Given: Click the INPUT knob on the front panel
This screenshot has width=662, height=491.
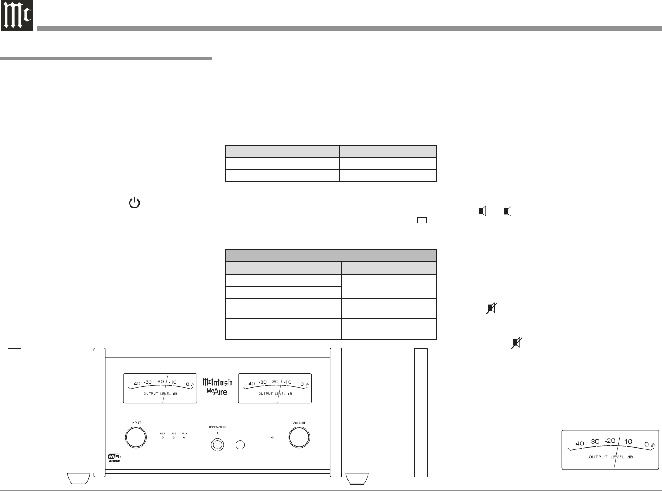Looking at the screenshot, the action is click(x=136, y=437).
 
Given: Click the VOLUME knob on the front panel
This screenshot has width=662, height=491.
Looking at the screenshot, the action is click(x=299, y=437).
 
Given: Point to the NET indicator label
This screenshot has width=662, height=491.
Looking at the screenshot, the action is click(x=162, y=434).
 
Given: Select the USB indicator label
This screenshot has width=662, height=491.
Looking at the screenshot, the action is click(x=173, y=434).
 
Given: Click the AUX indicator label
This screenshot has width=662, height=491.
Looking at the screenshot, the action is click(x=184, y=434).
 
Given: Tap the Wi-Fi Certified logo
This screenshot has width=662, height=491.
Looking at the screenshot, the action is click(x=114, y=458).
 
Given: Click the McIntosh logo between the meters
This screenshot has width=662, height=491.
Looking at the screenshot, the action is click(x=217, y=382).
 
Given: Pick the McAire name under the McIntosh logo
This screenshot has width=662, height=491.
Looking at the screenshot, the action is click(x=217, y=391).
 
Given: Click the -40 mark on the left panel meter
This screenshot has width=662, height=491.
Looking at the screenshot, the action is click(x=136, y=384).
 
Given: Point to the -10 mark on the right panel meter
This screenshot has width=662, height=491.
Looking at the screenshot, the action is click(x=287, y=382).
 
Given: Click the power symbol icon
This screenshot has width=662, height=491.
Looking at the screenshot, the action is click(x=134, y=203).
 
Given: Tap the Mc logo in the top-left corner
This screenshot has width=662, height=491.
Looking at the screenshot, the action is click(x=17, y=16).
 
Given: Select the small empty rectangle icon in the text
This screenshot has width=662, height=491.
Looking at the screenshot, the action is click(x=422, y=220).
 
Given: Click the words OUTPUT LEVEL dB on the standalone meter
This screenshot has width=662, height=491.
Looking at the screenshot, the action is click(x=611, y=457).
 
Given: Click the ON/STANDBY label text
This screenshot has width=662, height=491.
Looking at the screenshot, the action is click(x=217, y=427).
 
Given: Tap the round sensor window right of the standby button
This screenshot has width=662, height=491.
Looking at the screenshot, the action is click(x=240, y=445).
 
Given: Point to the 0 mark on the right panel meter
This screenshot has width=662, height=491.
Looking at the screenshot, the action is click(x=302, y=384).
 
